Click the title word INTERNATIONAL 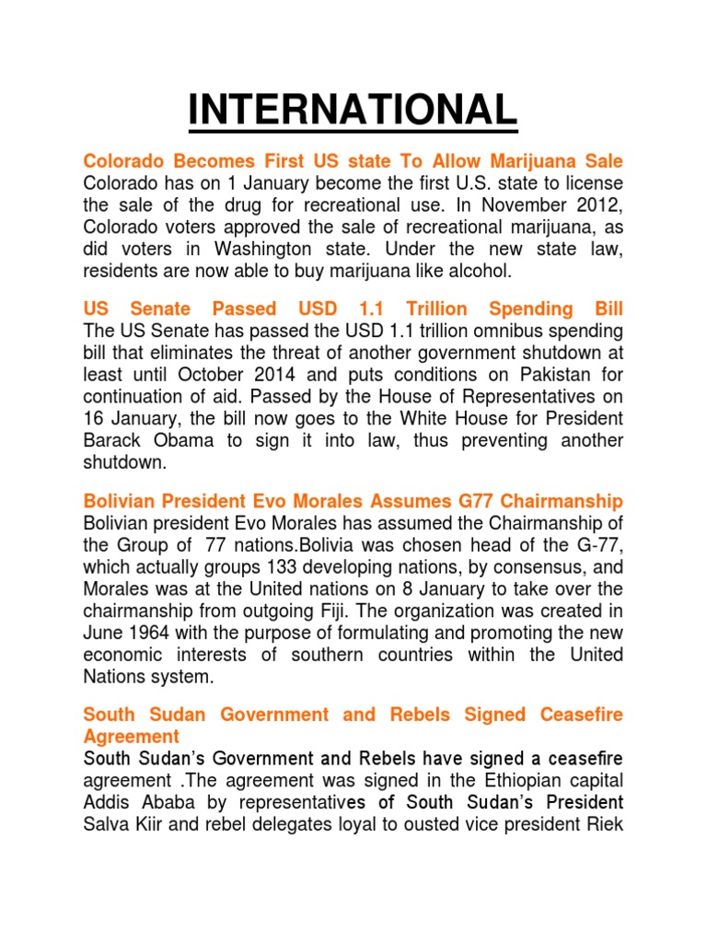coord(353,111)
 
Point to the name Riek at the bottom coord(602,825)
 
